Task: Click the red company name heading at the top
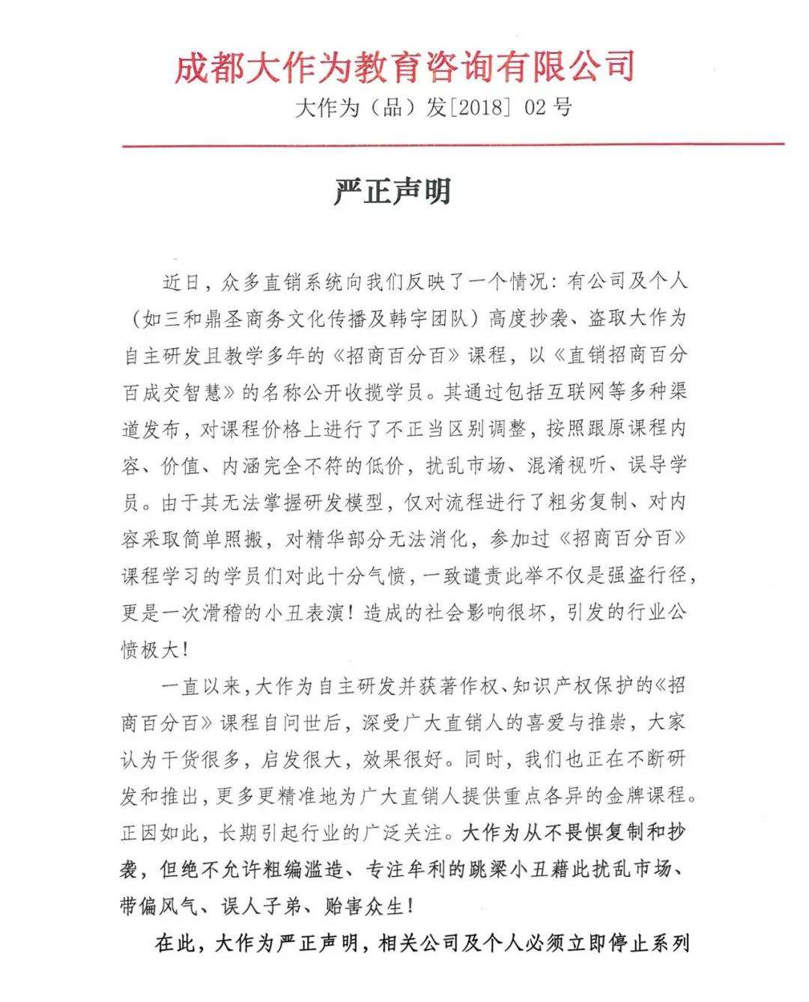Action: click(x=404, y=67)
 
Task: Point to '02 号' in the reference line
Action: click(x=548, y=108)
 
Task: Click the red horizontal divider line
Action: click(x=453, y=145)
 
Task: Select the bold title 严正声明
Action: click(x=393, y=192)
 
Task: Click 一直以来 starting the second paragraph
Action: click(x=198, y=686)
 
